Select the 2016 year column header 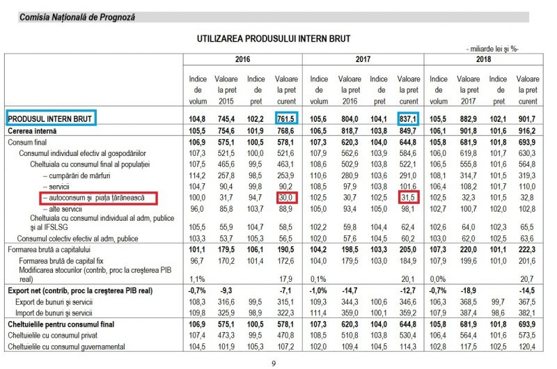(243, 59)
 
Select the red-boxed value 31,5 (408, 198)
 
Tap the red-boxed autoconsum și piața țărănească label (97, 198)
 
